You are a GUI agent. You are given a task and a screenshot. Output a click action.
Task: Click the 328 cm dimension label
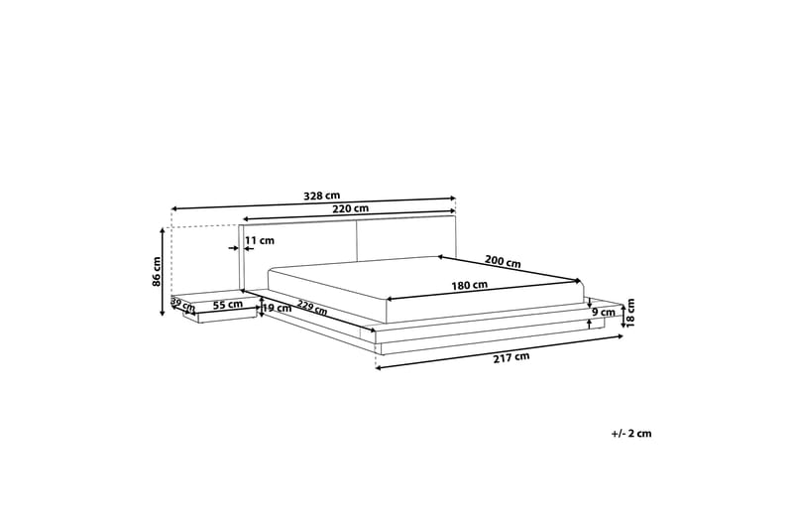pyautogui.click(x=321, y=196)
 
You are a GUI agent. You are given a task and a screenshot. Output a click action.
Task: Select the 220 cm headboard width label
pyautogui.click(x=350, y=208)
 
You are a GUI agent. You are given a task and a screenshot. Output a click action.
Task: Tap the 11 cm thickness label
pyautogui.click(x=260, y=240)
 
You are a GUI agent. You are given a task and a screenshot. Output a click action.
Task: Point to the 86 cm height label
pyautogui.click(x=157, y=272)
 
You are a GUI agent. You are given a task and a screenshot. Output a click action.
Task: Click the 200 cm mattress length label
pyautogui.click(x=503, y=261)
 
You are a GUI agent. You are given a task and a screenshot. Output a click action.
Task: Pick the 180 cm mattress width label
pyautogui.click(x=469, y=285)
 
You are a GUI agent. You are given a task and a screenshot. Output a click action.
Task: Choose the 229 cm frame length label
pyautogui.click(x=312, y=308)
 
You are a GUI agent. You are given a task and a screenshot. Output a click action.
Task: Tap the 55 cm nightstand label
pyautogui.click(x=228, y=305)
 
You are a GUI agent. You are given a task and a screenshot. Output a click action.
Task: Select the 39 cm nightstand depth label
pyautogui.click(x=182, y=305)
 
